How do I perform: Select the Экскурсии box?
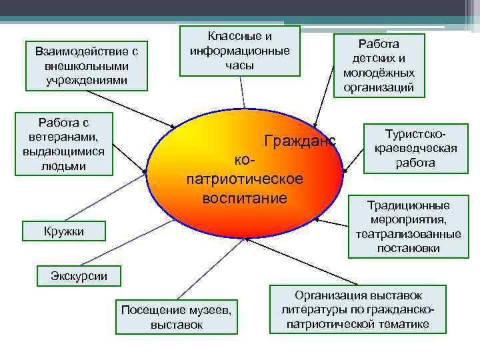click(79, 275)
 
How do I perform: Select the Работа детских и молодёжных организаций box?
click(379, 65)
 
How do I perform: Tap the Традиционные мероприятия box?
click(408, 227)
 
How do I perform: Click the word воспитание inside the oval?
click(245, 198)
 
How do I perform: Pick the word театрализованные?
click(408, 234)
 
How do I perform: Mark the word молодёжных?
click(379, 73)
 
